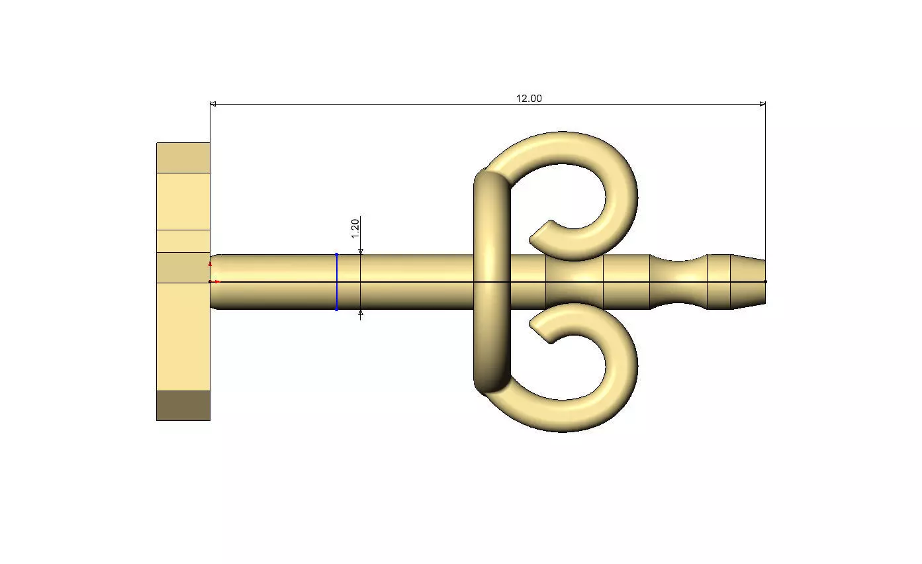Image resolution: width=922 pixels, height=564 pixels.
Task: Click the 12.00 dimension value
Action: [x=529, y=99]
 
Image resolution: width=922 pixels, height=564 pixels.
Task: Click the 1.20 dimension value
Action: [x=355, y=229]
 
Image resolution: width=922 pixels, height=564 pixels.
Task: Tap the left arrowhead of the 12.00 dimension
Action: [x=213, y=104]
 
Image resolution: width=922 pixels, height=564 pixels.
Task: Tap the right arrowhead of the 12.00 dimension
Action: [x=762, y=104]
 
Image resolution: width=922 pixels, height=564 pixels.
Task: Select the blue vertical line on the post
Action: [x=337, y=282]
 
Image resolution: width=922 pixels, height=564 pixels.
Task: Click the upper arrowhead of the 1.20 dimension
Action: [x=361, y=252]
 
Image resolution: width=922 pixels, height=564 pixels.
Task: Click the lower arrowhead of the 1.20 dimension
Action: [x=361, y=313]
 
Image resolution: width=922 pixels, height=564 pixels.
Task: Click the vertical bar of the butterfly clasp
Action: [x=492, y=282]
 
